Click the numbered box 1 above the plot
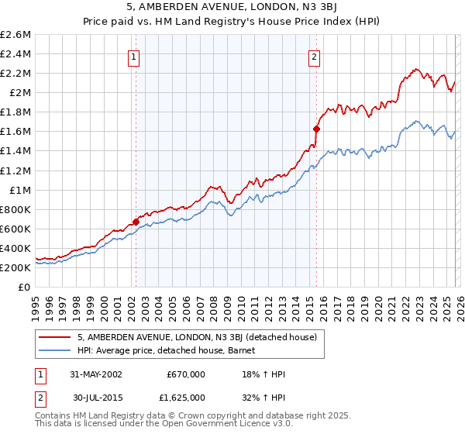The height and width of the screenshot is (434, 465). tap(134, 56)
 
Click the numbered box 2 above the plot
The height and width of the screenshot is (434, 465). tap(315, 56)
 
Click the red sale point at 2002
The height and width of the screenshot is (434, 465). tap(136, 222)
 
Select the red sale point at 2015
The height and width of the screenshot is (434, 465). tap(316, 129)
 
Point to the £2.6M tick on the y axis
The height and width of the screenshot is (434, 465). tap(16, 35)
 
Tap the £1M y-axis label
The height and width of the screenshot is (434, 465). tap(19, 190)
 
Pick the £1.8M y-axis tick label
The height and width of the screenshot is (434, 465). tap(16, 112)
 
